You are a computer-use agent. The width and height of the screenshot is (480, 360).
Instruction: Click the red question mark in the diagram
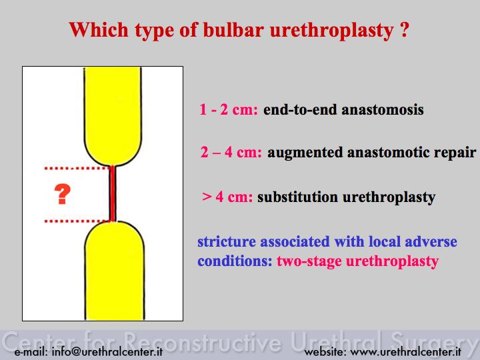(63, 194)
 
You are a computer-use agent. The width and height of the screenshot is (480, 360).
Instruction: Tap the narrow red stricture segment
(113, 193)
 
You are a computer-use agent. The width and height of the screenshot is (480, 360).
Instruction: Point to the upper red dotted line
(77, 168)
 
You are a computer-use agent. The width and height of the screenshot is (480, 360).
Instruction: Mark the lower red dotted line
(77, 221)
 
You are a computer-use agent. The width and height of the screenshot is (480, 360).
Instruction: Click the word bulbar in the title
(233, 30)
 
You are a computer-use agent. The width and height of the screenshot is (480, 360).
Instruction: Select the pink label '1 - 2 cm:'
(229, 109)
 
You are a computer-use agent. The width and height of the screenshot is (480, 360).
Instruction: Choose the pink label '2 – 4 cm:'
(231, 152)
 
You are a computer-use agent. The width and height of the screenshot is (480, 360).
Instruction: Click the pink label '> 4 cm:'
(227, 197)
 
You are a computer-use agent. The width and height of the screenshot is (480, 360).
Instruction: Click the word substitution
(297, 197)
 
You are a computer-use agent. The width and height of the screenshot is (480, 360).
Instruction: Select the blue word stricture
(227, 241)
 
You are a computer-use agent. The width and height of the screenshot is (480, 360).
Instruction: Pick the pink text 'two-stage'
(309, 262)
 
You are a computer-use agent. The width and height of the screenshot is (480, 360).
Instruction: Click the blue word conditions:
(235, 261)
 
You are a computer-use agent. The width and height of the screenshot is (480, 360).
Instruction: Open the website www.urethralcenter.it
(405, 351)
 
